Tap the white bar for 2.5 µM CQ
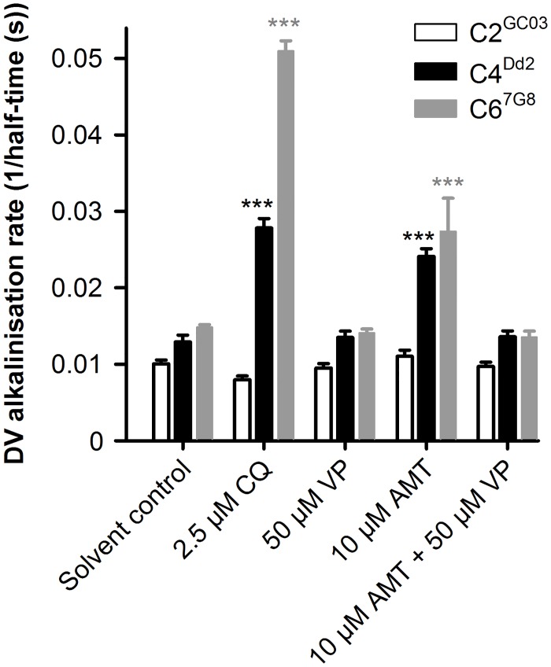click(x=242, y=410)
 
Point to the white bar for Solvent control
click(x=161, y=402)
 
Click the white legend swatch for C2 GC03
click(x=434, y=34)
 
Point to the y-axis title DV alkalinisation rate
click(x=21, y=236)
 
